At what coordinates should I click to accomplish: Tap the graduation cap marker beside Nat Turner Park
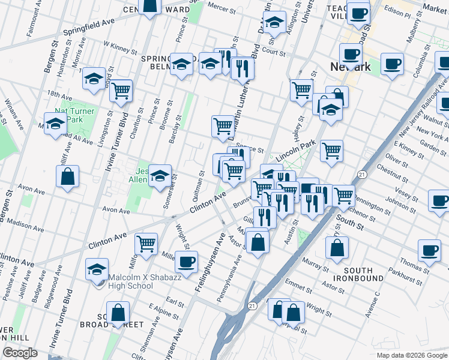click(55, 124)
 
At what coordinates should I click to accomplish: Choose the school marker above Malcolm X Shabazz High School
click(97, 270)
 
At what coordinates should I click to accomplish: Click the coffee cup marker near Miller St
click(186, 261)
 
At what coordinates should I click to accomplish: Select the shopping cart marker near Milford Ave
click(146, 244)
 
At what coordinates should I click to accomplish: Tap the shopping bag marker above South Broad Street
click(119, 312)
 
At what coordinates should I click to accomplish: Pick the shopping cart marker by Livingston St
click(121, 91)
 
